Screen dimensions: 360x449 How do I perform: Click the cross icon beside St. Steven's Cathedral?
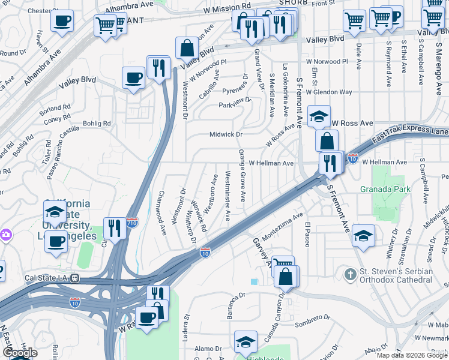coord(351,275)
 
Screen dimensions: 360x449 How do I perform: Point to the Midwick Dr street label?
coord(226,135)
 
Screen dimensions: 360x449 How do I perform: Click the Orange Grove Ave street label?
coord(242,175)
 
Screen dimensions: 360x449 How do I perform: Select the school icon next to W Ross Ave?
coord(319,116)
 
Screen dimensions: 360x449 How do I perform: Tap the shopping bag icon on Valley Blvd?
coord(187,48)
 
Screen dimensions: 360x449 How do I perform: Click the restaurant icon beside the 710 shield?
coord(113,228)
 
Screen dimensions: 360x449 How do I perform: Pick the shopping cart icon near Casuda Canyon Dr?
coord(283,266)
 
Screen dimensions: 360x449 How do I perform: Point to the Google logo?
coord(20,353)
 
